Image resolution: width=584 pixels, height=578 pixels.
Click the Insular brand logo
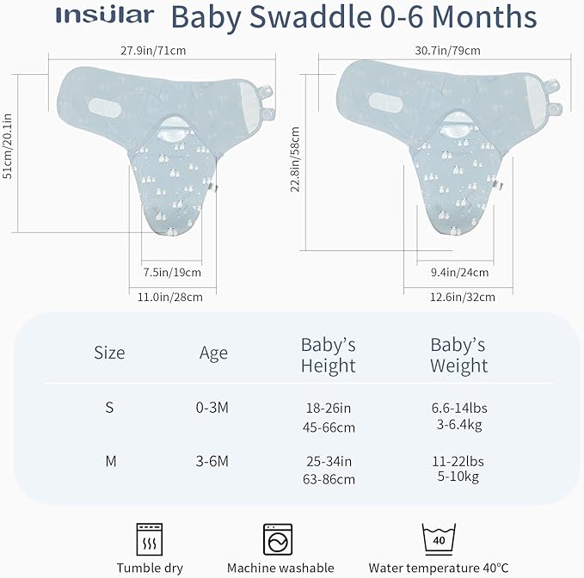(x=105, y=16)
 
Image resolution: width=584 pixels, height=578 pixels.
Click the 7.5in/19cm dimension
(x=171, y=273)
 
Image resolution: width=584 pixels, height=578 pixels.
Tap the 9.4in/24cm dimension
(x=458, y=273)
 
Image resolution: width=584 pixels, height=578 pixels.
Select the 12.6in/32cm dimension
(x=465, y=297)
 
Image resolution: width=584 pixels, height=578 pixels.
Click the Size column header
(x=109, y=353)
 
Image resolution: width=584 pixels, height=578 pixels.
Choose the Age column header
(x=213, y=353)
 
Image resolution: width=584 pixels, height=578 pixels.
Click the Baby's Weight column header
(x=458, y=355)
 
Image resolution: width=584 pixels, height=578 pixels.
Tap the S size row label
(x=109, y=408)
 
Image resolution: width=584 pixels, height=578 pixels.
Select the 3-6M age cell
(x=213, y=461)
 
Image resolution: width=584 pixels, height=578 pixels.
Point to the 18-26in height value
(x=328, y=409)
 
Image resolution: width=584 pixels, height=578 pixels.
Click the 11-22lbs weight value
(x=458, y=461)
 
